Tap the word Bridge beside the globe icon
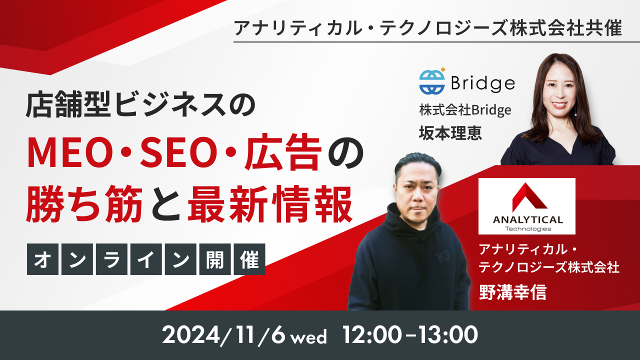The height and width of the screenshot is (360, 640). pos(483,83)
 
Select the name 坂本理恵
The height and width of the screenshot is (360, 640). pos(450,133)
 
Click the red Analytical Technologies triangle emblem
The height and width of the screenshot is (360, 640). pos(529,197)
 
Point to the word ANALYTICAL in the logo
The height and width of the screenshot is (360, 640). pos(527,219)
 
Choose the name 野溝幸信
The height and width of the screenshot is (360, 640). pos(512,292)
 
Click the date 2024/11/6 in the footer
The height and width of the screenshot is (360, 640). pos(223,334)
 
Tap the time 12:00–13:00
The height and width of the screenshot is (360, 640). pos(410,334)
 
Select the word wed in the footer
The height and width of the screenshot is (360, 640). pos(309,337)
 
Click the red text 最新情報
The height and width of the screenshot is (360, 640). pos(270,203)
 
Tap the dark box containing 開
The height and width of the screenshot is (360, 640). pos(215,259)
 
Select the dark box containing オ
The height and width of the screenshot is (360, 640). pos(42,259)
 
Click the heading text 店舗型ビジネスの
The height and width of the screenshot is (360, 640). pos(140,104)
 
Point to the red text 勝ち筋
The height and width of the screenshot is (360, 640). pos(84,203)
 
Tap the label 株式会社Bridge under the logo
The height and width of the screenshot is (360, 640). pos(465,110)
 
